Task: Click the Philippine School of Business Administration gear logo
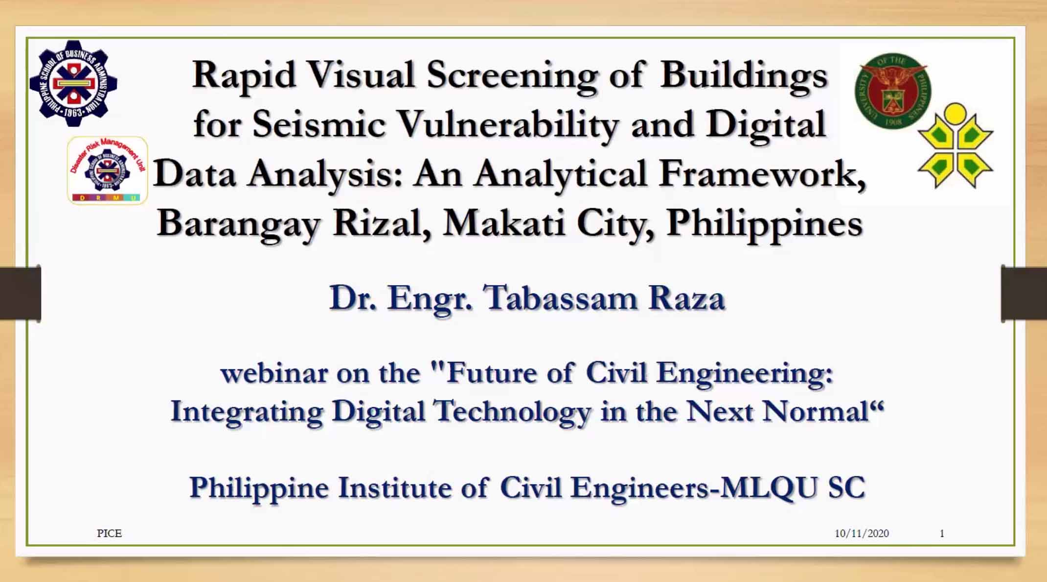tap(73, 83)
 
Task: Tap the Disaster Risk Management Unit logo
tap(107, 170)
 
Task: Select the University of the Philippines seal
tap(893, 91)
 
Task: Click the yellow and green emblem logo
tap(955, 145)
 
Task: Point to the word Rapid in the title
tap(244, 76)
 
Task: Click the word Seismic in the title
tap(319, 124)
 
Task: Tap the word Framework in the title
tap(762, 174)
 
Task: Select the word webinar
tap(274, 373)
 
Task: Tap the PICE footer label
tap(109, 533)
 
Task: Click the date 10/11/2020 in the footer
tap(862, 533)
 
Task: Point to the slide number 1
tap(942, 533)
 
